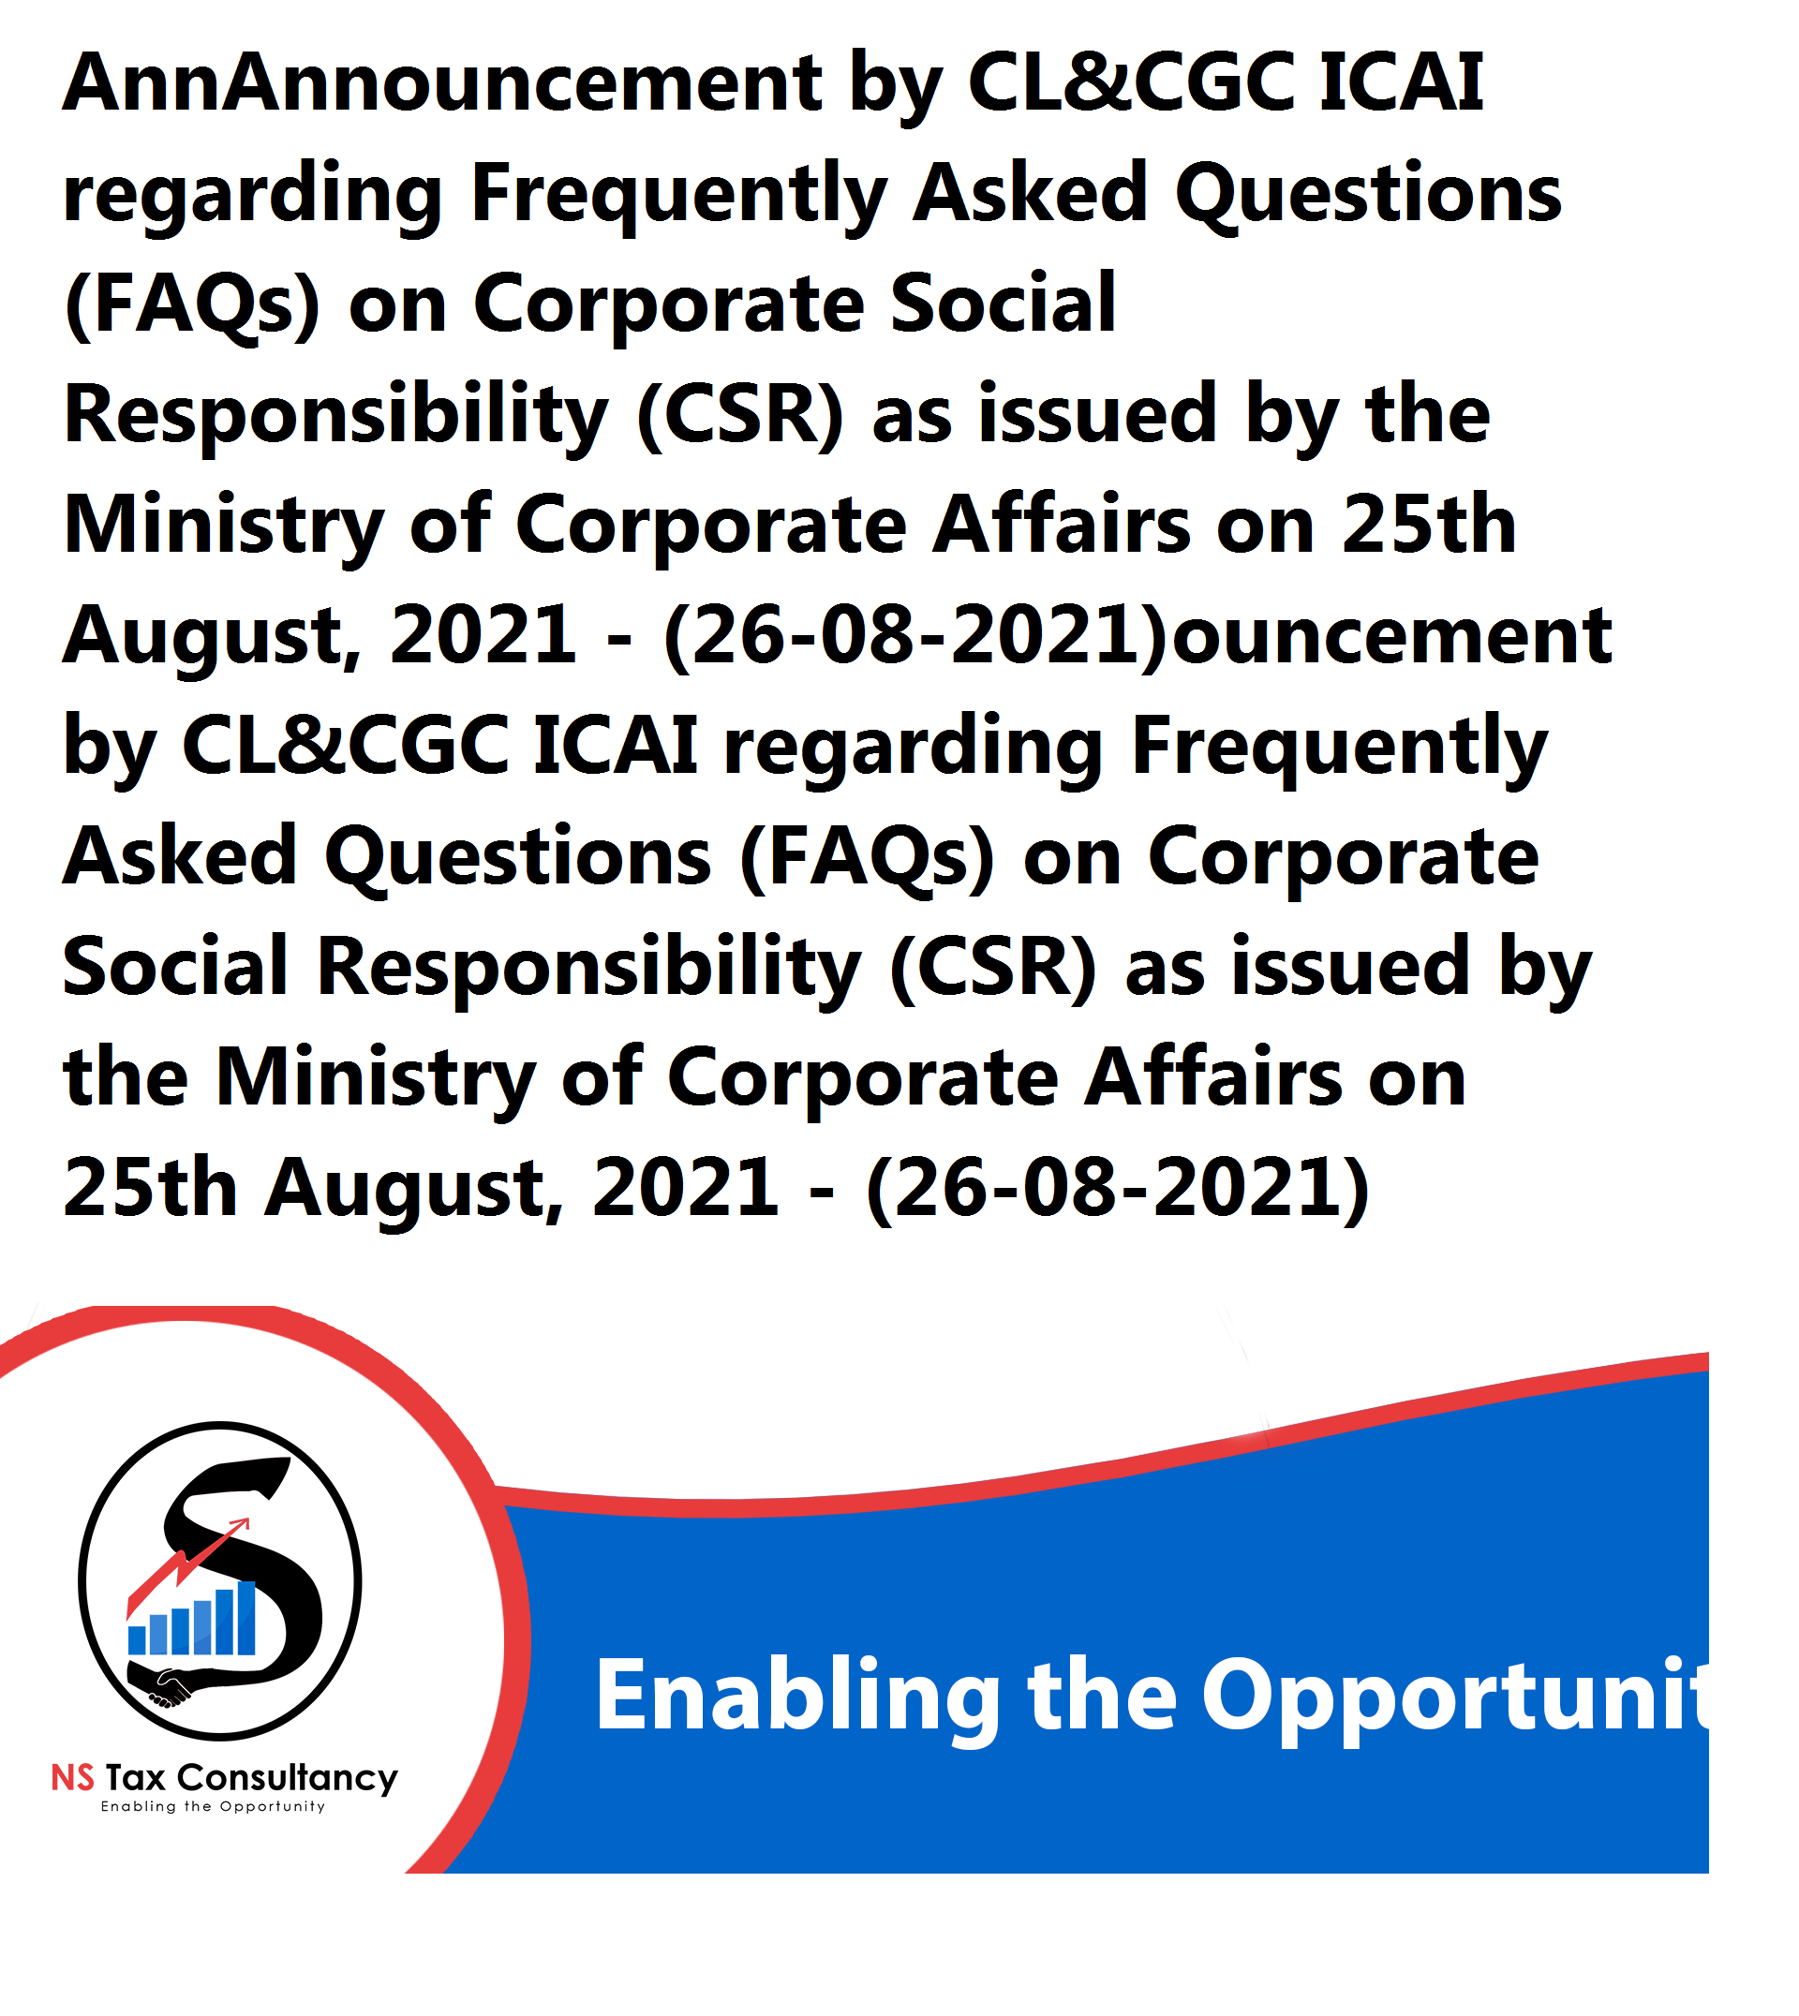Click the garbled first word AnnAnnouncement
[443, 83]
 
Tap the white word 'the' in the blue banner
[1102, 1696]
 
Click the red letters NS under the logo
[73, 1779]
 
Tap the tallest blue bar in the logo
[245, 1618]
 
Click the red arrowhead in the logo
[240, 1526]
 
